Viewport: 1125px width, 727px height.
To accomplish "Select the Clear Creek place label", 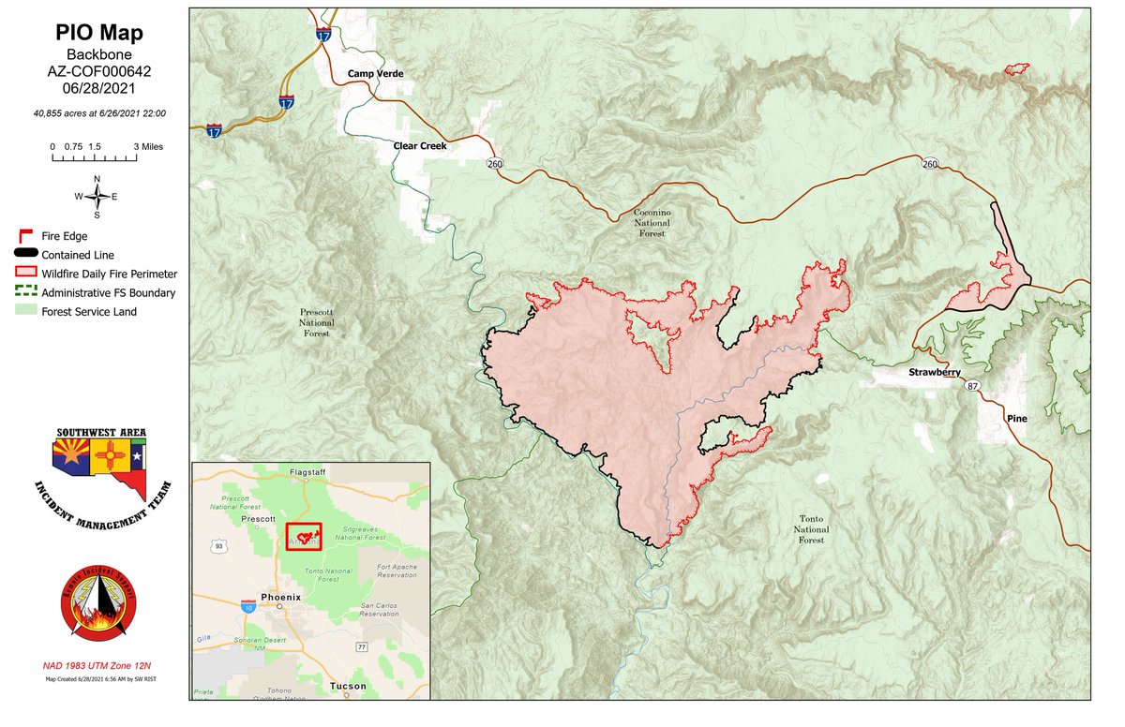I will click(x=419, y=146).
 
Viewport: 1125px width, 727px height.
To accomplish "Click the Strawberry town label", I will click(x=935, y=373).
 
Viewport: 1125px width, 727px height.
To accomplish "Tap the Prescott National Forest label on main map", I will click(x=316, y=321).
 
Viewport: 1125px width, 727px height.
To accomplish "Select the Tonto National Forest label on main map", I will click(x=811, y=529).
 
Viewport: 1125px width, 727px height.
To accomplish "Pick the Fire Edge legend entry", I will click(x=65, y=236).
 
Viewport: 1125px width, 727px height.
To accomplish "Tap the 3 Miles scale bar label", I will click(x=150, y=147).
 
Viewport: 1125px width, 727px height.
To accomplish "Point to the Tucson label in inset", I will click(x=348, y=687).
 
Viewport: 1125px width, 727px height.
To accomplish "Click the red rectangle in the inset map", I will click(x=304, y=537).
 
